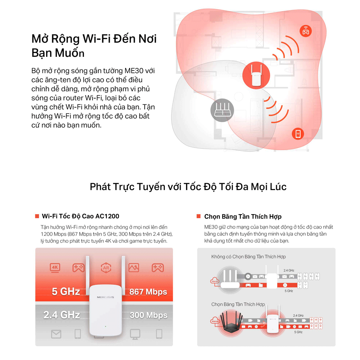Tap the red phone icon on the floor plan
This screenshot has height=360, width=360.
[x=298, y=134]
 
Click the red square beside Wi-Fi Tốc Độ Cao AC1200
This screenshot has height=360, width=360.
[x=37, y=216]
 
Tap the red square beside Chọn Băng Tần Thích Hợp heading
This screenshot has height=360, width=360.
[x=198, y=216]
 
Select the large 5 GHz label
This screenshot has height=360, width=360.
[x=66, y=291]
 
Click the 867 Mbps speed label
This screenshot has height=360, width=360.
[x=148, y=292]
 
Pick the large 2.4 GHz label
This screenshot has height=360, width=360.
[x=62, y=315]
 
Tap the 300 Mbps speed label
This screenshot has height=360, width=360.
[x=148, y=315]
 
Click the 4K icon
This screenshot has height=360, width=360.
[x=55, y=267]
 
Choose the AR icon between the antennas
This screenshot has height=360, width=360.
[x=105, y=268]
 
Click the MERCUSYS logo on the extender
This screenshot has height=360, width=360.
[x=105, y=297]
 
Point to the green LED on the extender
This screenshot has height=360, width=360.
[x=105, y=327]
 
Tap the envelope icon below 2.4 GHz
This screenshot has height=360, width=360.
[x=56, y=334]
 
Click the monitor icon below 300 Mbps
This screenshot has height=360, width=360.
[x=135, y=334]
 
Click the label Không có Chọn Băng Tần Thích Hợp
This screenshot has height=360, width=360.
[x=248, y=257]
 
